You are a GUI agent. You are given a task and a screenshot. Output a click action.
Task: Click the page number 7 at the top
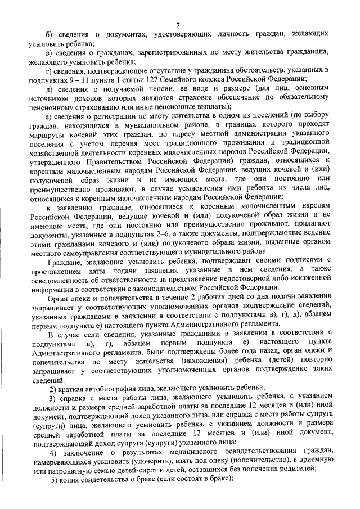(x=178, y=24)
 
